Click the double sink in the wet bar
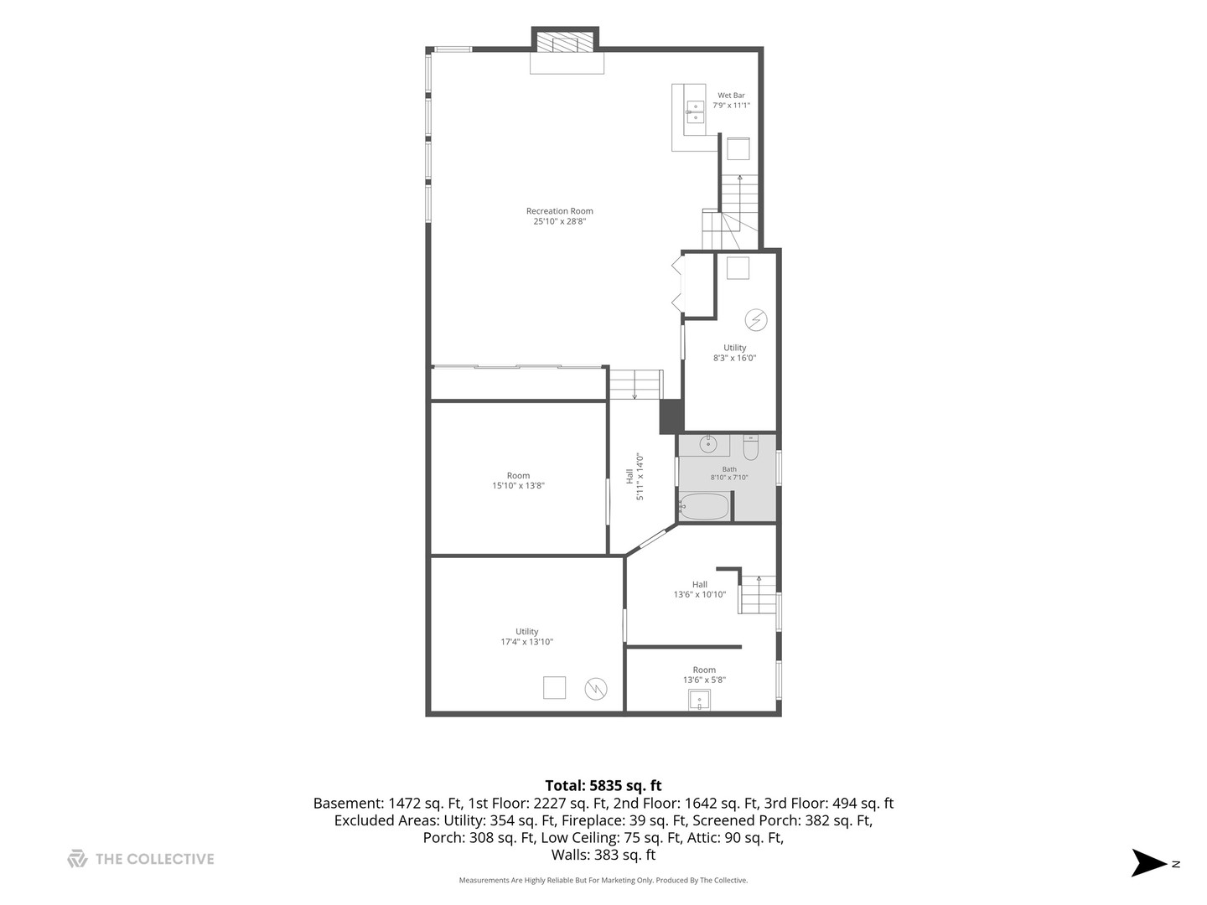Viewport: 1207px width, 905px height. point(695,112)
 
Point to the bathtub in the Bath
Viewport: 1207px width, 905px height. point(704,506)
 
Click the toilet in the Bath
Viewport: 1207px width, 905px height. point(750,447)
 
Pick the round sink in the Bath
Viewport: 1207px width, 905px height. point(708,444)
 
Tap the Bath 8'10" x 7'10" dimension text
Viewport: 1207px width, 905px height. point(728,477)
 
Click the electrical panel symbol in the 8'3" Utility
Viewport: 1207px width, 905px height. point(756,320)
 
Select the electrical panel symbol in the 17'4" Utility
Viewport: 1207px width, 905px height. point(595,689)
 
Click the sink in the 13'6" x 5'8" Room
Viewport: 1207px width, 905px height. point(699,700)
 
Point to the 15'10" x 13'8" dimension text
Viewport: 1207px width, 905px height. point(518,486)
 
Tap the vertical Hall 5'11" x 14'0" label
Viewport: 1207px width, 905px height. point(635,477)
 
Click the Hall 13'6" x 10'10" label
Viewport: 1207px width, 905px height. point(699,589)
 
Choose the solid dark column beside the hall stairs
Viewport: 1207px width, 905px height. point(671,416)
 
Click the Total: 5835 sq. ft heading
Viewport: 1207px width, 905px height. point(603,785)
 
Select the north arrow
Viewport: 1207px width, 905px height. point(1148,864)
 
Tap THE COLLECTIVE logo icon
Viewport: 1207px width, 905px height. point(77,859)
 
